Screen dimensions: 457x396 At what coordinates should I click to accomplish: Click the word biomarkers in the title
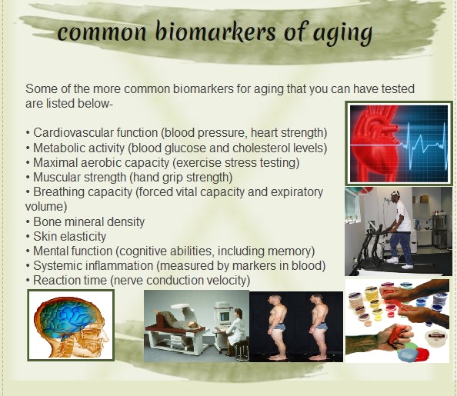pos(215,32)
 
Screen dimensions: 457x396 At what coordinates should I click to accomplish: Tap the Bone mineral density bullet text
pos(88,221)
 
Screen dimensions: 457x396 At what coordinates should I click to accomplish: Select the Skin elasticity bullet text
pos(69,236)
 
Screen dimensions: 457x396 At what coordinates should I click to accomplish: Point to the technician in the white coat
pos(234,329)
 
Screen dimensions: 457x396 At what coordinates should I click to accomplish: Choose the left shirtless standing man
pos(277,327)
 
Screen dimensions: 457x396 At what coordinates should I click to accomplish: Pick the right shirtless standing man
pos(319,327)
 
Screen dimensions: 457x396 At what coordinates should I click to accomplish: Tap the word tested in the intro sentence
pos(398,89)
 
